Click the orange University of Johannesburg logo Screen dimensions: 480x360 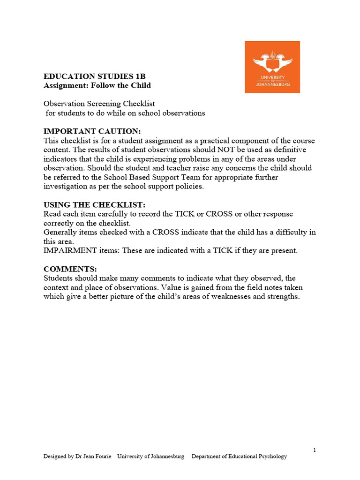click(272, 67)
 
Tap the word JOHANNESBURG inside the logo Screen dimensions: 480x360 click(272, 84)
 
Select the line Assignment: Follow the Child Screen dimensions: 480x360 click(97, 85)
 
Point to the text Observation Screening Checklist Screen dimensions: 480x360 click(99, 104)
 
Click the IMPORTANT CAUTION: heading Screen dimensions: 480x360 click(92, 131)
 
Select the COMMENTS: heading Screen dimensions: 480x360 click(70, 269)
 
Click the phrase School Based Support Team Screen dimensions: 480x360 click(157, 177)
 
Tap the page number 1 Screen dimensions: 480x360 click(315, 450)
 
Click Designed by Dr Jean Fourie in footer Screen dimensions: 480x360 click(77, 457)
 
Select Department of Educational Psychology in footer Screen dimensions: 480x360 click(239, 457)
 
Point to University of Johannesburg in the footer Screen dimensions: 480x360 click(150, 457)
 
